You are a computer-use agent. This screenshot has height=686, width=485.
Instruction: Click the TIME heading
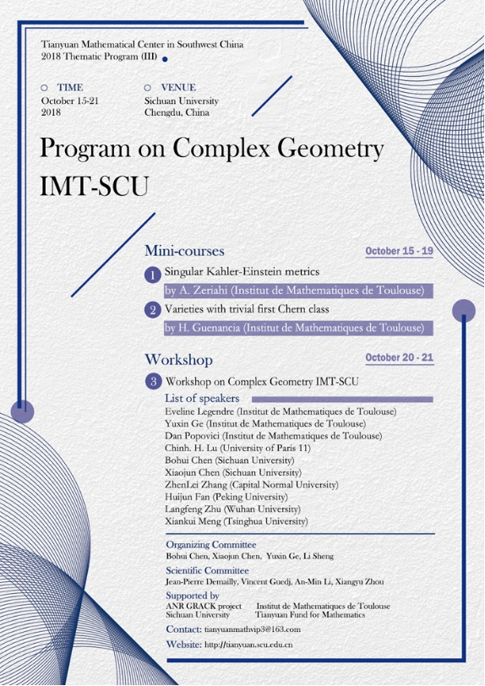(x=70, y=87)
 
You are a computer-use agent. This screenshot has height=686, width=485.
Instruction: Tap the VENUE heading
(x=177, y=87)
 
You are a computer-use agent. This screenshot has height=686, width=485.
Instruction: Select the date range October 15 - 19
(x=399, y=252)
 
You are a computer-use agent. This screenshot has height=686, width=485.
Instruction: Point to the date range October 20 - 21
(x=400, y=357)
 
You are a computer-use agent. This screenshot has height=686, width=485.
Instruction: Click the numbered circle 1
(x=152, y=275)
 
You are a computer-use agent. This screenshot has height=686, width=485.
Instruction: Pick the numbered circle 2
(x=152, y=310)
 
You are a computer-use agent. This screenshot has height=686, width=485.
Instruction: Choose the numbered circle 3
(x=152, y=381)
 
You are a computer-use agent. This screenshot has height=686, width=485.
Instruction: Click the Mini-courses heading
(x=184, y=251)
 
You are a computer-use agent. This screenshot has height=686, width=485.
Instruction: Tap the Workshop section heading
(x=178, y=359)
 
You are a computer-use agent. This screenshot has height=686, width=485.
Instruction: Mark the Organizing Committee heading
(x=211, y=545)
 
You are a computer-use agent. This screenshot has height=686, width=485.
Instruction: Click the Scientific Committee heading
(x=209, y=571)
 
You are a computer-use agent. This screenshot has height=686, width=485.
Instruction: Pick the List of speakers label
(x=202, y=398)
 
